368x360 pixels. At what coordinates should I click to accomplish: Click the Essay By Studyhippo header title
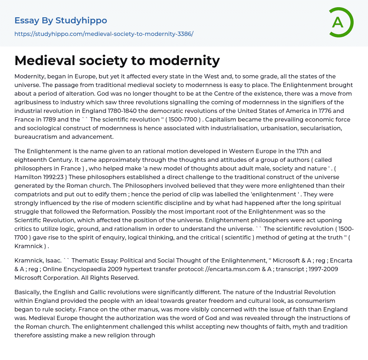(x=61, y=20)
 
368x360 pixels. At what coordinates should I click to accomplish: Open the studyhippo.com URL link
(x=104, y=34)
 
